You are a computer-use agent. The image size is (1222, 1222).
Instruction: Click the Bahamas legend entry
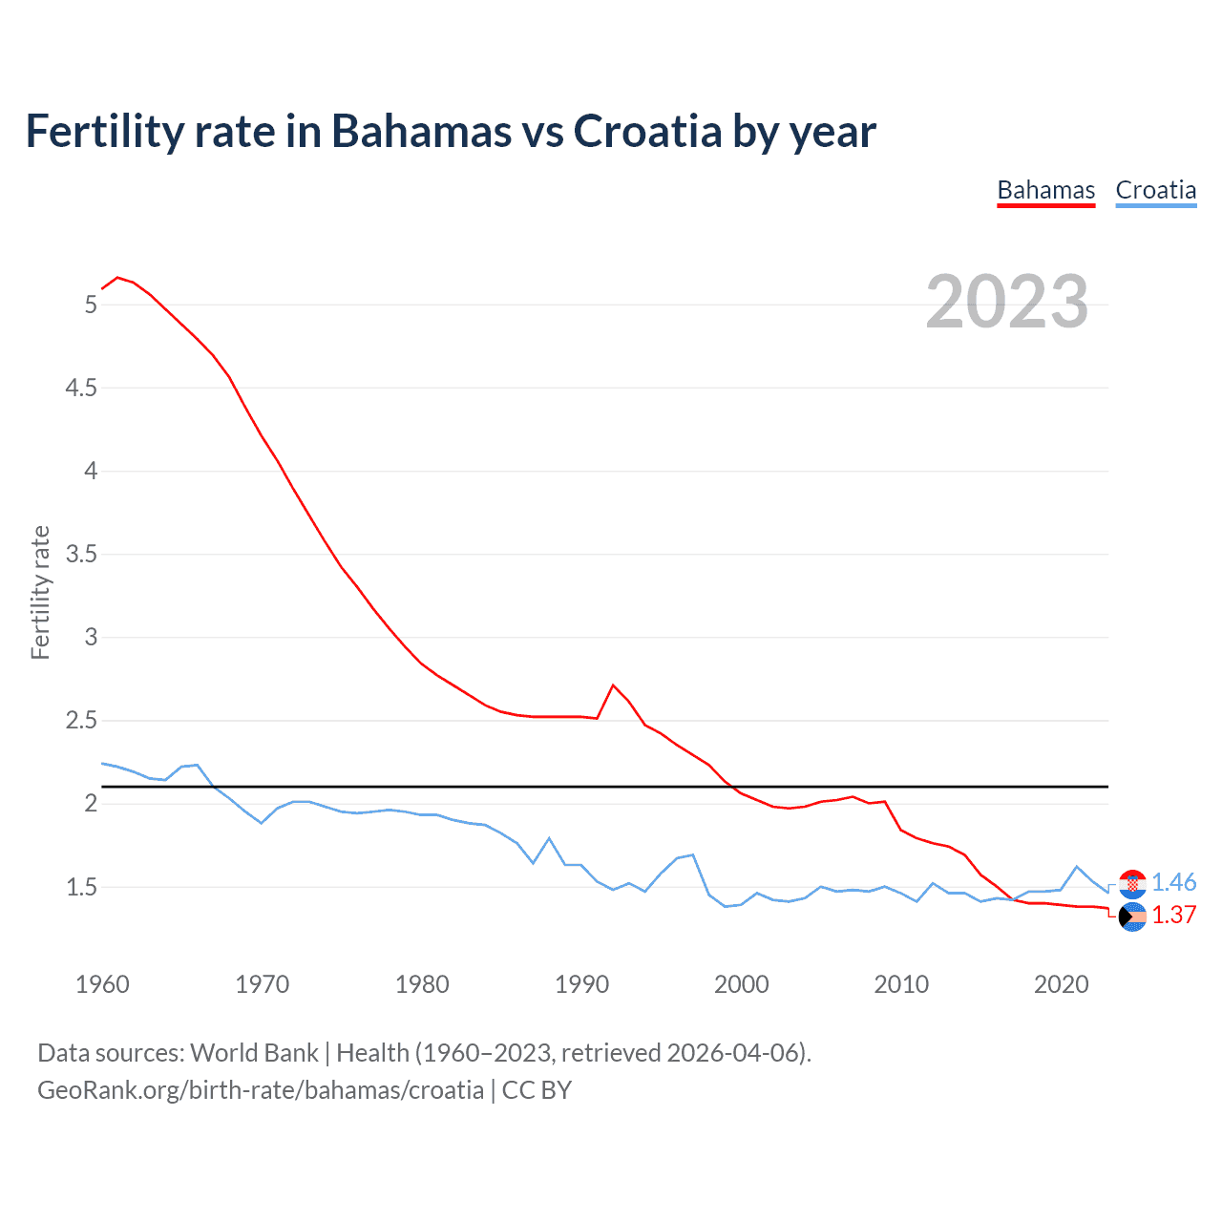coord(1045,190)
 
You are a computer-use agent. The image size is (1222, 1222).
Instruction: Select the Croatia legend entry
coord(1155,190)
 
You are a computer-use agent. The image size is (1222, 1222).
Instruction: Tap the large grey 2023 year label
coord(1006,302)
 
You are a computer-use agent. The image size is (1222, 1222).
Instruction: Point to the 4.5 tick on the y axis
coord(81,388)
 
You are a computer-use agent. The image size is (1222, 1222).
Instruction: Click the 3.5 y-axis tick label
coord(81,554)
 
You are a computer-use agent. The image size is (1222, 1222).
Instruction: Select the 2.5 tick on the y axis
coord(81,720)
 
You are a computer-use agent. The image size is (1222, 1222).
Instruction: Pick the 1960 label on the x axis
coord(102,984)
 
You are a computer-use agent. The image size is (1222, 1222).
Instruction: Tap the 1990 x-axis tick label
coord(581,984)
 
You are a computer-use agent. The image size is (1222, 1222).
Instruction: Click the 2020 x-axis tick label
coord(1061,984)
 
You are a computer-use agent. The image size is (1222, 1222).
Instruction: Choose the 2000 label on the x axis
coord(741,984)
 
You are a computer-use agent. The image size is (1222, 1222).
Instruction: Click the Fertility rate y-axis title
coord(40,592)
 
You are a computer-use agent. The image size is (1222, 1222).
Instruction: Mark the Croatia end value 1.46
coord(1173,882)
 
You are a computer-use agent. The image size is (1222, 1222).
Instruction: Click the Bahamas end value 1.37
coord(1173,915)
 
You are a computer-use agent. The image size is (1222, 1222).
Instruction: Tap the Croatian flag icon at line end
coord(1132,884)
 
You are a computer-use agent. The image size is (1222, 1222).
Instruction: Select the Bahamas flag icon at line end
coord(1132,916)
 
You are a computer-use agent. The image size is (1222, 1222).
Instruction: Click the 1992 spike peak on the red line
coord(613,685)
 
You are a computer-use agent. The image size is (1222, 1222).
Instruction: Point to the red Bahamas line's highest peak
coord(117,278)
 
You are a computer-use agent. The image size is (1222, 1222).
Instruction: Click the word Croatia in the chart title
coord(647,131)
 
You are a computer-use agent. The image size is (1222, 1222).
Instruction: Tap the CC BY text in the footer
coord(537,1090)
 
